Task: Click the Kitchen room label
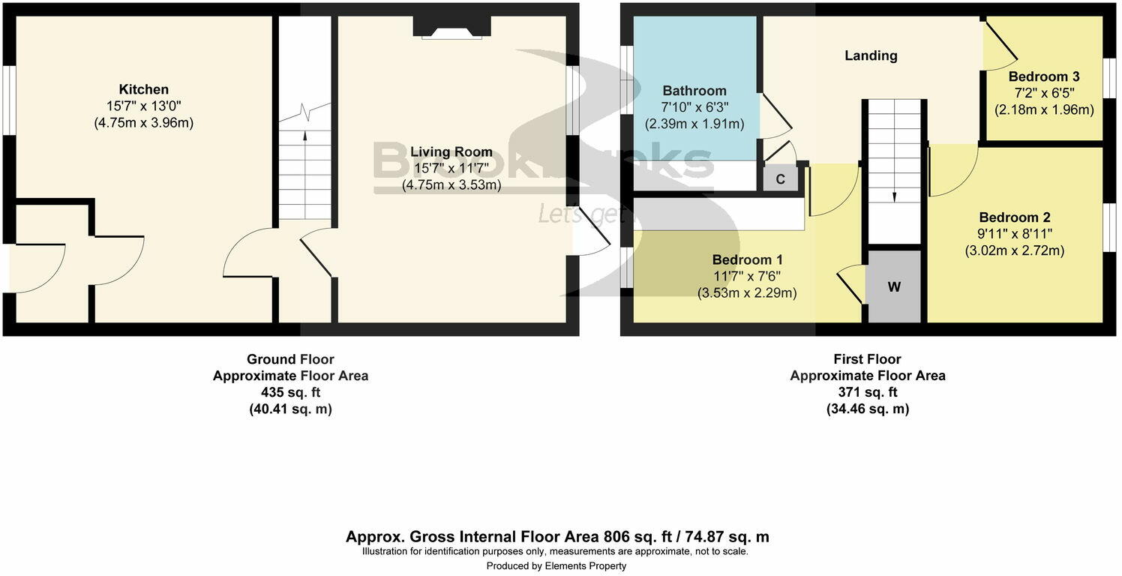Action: (143, 89)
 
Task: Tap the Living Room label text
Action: (451, 152)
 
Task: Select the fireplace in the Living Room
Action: (451, 28)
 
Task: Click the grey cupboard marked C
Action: (780, 180)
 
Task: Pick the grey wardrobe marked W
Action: (893, 286)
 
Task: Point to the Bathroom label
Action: (694, 91)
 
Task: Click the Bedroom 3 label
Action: (1044, 76)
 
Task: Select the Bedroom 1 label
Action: (748, 260)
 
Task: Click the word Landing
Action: (871, 55)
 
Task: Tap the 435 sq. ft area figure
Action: (290, 392)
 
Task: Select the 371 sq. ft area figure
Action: (867, 392)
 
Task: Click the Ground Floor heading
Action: (290, 359)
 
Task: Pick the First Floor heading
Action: (867, 359)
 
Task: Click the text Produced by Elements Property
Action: (556, 565)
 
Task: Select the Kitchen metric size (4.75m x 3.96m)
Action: (143, 122)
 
